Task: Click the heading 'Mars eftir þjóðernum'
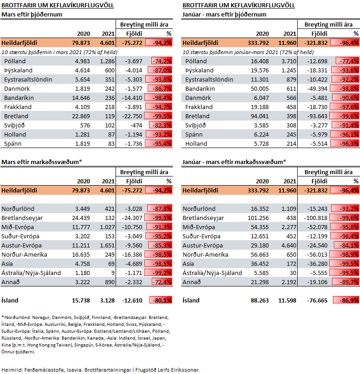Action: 32,15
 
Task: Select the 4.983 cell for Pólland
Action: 83,61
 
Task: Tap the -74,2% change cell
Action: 161,61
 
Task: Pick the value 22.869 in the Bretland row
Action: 81,116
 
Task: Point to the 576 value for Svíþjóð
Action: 85,126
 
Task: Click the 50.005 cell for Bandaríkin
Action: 260,89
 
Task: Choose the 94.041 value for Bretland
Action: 260,116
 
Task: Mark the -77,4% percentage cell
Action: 347,61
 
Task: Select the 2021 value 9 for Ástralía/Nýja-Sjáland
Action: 113,273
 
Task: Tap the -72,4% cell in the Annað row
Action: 162,282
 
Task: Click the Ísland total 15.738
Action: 81,300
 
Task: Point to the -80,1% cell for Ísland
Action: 161,300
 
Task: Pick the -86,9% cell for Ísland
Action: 346,300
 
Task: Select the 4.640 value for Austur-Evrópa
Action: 289,246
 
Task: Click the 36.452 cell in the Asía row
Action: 260,264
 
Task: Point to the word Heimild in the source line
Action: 12,370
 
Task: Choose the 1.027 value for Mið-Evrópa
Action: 107,227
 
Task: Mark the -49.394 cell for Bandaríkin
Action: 317,89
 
